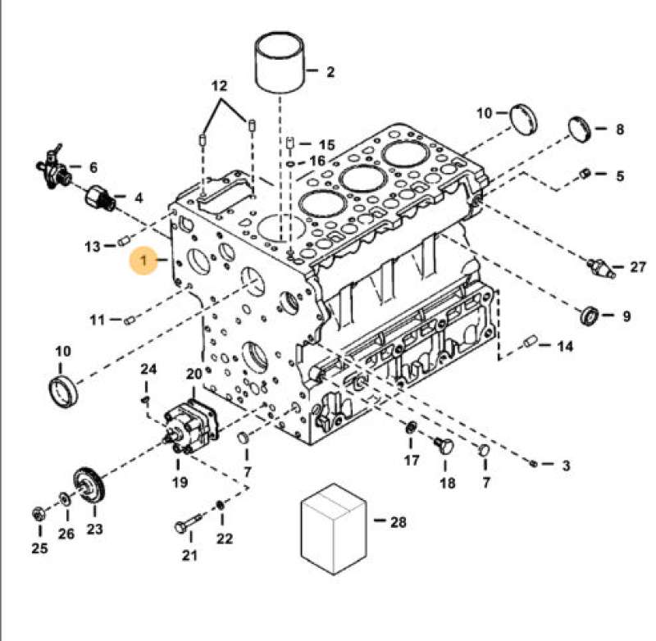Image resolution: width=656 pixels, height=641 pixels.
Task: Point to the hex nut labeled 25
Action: [x=37, y=515]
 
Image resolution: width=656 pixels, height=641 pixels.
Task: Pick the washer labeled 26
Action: [x=64, y=498]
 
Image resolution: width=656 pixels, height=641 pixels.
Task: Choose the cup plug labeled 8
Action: [x=581, y=130]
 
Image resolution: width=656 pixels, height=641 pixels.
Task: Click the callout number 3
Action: [x=565, y=466]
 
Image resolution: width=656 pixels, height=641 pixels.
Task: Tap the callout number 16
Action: [x=317, y=161]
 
